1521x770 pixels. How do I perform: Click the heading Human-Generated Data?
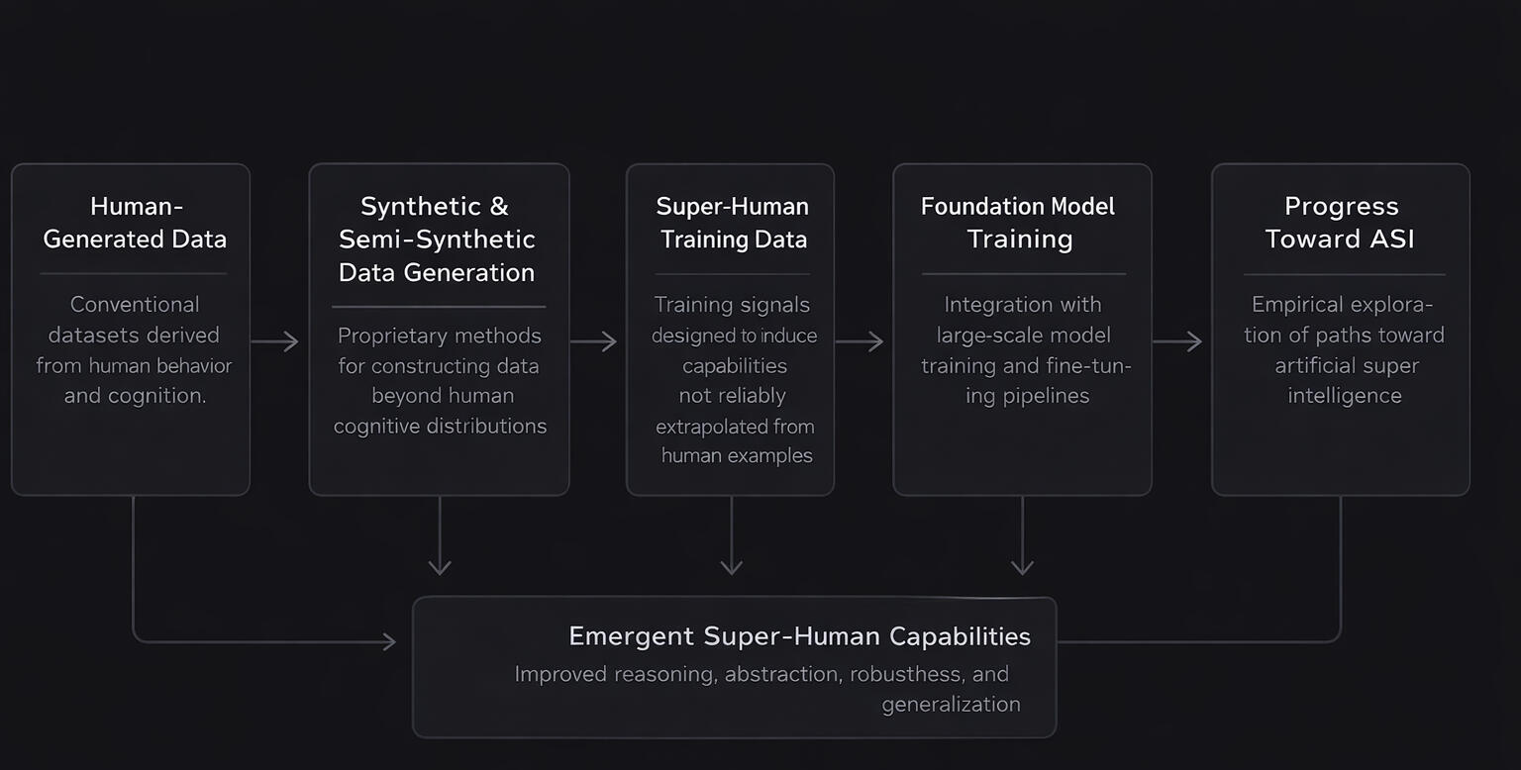coord(135,223)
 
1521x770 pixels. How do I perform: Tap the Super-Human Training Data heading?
coord(733,223)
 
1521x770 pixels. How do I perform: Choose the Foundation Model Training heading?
coord(1018,223)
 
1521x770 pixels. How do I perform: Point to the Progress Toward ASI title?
coord(1341,223)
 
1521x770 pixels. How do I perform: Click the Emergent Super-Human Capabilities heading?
coord(799,636)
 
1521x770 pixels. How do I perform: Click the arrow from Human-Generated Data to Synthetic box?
coord(275,341)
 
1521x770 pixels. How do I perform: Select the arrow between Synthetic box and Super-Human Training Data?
coord(594,341)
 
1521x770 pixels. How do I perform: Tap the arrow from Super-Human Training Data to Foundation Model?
coord(860,341)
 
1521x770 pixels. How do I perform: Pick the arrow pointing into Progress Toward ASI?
coord(1178,341)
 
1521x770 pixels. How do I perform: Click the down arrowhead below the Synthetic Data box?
coord(440,566)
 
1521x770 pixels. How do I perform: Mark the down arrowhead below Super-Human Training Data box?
coord(731,566)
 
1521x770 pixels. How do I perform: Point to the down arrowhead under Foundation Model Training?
coord(1022,566)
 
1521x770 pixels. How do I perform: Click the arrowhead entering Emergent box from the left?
coord(389,641)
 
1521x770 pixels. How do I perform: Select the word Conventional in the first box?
coord(135,305)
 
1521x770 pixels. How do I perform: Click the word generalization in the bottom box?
coord(951,705)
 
